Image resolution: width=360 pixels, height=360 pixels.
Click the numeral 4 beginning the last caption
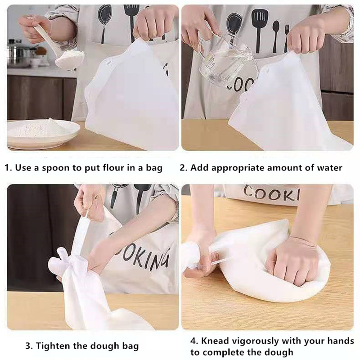(x=193, y=341)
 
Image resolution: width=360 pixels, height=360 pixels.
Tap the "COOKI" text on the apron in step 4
(x=271, y=193)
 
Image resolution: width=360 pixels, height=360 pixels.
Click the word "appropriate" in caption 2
(x=238, y=168)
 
